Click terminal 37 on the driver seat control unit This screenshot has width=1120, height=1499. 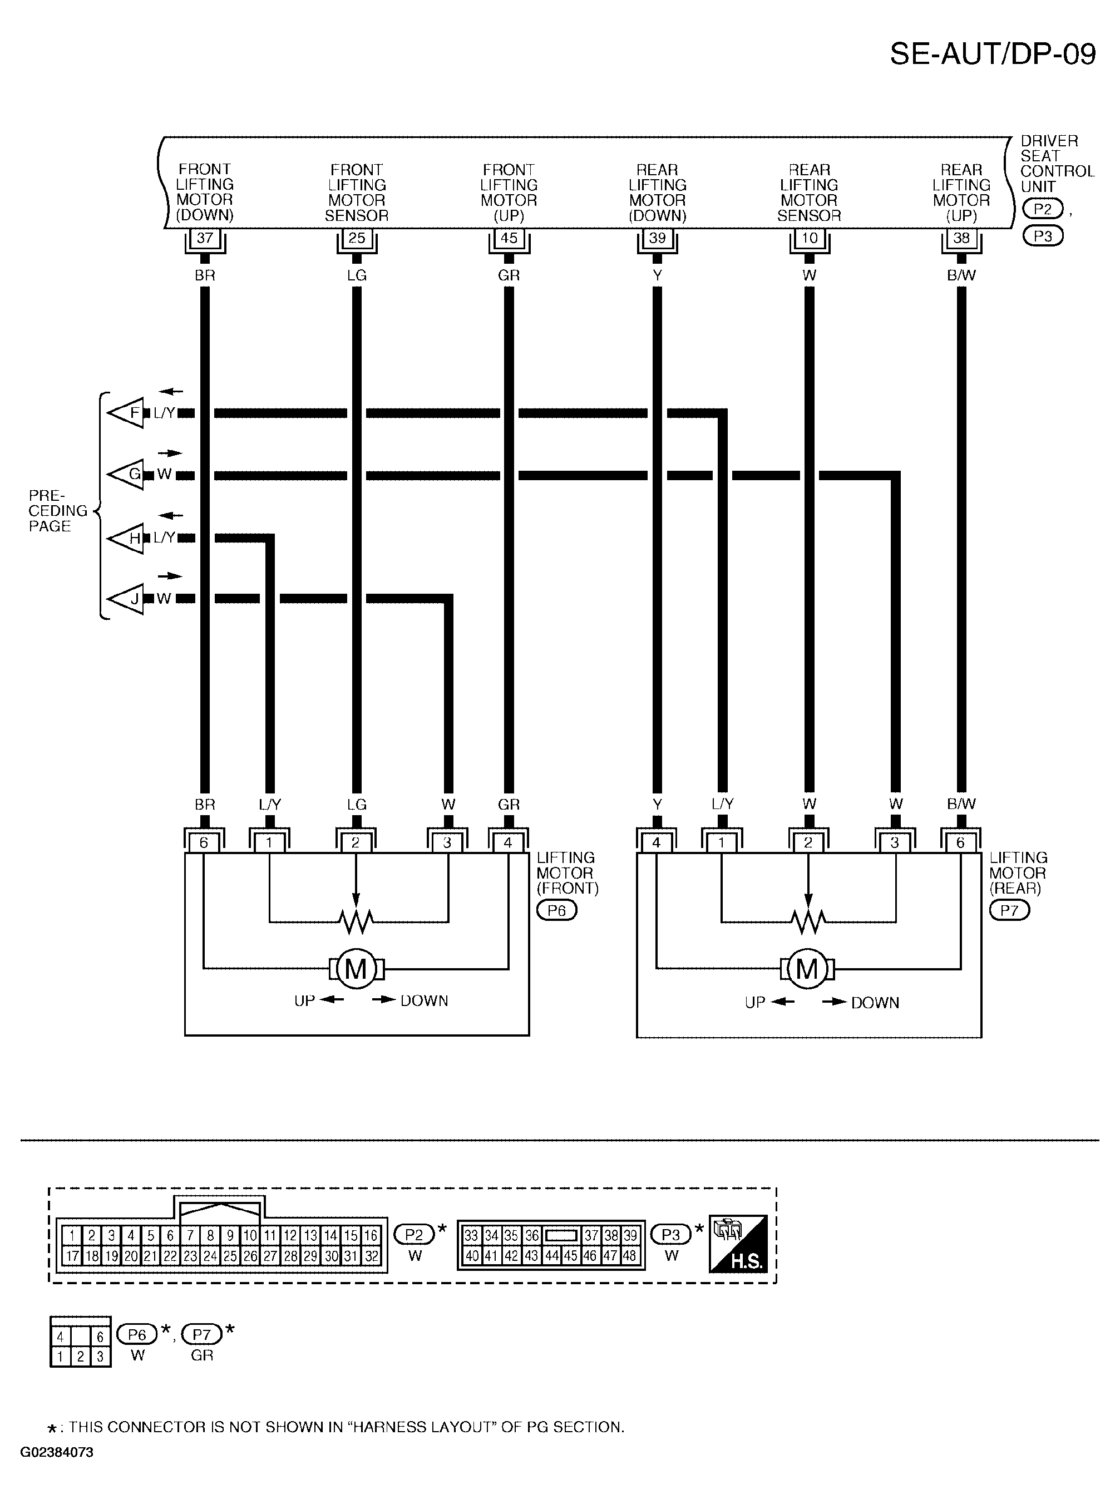pyautogui.click(x=205, y=238)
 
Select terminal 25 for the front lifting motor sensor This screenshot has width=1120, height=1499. pyautogui.click(x=357, y=238)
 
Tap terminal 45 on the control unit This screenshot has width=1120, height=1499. pyautogui.click(x=509, y=238)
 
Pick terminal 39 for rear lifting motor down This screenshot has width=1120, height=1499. pyautogui.click(x=657, y=238)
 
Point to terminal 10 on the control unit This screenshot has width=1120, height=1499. pyautogui.click(x=809, y=238)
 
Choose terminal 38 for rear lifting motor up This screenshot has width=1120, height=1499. pyautogui.click(x=961, y=238)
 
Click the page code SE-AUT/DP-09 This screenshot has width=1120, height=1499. pyautogui.click(x=992, y=54)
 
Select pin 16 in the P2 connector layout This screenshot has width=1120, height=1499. pyautogui.click(x=370, y=1235)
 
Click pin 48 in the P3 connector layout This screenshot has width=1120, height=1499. pyautogui.click(x=629, y=1256)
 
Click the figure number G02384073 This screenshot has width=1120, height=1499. pyautogui.click(x=57, y=1453)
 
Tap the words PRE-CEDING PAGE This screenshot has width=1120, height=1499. pyautogui.click(x=58, y=511)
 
